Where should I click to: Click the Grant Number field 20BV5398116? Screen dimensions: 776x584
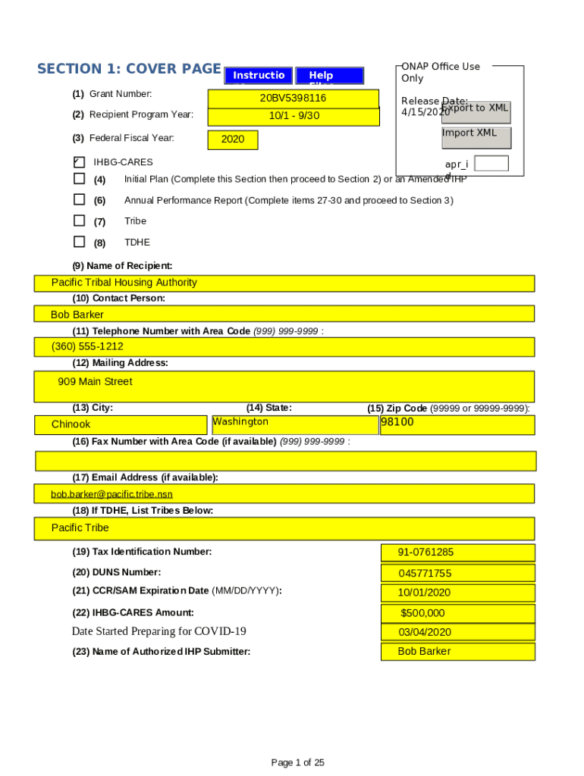coord(293,99)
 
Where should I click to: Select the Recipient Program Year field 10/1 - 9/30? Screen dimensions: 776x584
coord(293,117)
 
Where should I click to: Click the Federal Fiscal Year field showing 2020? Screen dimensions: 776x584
coord(232,140)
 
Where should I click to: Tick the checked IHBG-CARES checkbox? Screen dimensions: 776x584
coord(79,161)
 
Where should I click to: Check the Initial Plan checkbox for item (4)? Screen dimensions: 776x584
coord(79,179)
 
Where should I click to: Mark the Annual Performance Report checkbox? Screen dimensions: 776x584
coord(79,199)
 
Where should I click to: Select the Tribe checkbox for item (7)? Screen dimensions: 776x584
coord(79,221)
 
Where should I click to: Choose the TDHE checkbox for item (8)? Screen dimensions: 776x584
coord(79,242)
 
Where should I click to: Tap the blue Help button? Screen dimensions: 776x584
coord(329,76)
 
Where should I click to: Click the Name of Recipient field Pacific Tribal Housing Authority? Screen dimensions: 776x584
coord(284,283)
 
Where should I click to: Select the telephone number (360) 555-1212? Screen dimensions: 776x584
coord(284,347)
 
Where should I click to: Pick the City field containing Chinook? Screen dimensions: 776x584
coord(121,424)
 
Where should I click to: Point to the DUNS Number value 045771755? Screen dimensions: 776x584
coord(457,573)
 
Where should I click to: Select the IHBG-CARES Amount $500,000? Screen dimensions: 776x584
coord(457,613)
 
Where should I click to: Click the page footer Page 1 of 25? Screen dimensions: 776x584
coord(298,762)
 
